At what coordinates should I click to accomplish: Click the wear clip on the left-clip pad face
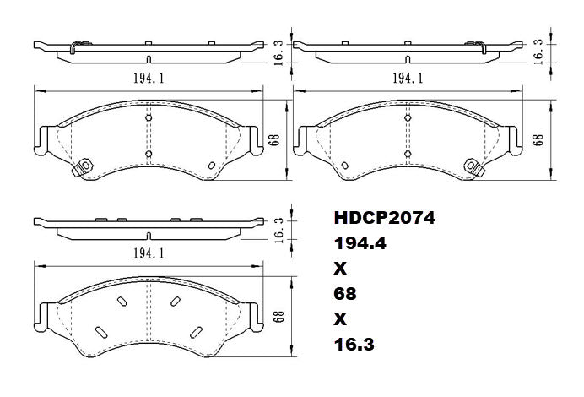82,168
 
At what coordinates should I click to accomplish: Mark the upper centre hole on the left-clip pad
148,117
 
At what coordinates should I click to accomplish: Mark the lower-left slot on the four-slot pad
100,332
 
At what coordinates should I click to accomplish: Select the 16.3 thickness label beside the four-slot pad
278,230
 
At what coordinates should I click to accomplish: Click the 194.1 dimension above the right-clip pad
408,77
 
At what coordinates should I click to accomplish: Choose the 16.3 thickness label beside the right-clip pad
538,51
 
